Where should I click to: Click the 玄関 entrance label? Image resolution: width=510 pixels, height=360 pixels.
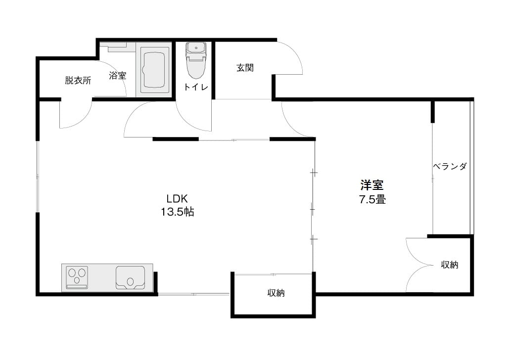245,68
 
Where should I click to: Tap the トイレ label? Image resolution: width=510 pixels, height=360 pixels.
196,87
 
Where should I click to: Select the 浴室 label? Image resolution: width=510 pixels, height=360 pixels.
117,76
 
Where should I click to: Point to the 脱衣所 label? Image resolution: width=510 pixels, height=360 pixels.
78,80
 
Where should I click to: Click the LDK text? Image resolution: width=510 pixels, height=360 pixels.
177,198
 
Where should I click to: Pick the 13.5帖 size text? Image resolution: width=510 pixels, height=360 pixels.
178,212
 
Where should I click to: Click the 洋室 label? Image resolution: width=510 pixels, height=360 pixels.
372,185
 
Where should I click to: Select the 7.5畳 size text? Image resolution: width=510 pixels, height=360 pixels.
372,199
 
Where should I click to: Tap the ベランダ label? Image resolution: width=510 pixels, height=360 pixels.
450,167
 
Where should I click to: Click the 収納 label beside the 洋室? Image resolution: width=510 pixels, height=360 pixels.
450,265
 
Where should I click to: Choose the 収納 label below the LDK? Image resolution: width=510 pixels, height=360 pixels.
276,293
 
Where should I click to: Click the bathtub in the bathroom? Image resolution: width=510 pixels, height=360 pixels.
155,70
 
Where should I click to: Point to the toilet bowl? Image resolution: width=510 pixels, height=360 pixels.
196,67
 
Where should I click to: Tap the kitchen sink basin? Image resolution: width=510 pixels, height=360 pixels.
131,277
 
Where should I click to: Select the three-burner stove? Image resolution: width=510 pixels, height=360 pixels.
77,277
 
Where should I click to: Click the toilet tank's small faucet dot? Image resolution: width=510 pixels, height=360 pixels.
196,48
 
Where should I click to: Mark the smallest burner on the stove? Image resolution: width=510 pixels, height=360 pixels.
77,280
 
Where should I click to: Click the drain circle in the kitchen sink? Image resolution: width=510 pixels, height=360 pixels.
131,282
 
